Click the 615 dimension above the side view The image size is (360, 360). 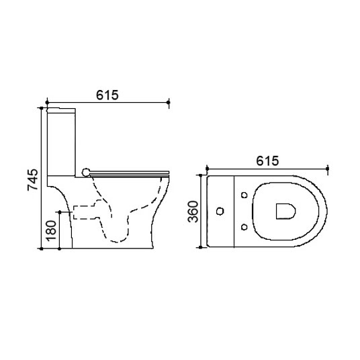[x=107, y=95]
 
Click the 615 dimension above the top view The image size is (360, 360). [x=267, y=161]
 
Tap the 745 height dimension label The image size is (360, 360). [x=33, y=180]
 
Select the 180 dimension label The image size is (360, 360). [x=51, y=231]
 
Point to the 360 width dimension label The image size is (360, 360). [x=193, y=212]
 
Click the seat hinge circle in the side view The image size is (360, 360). [x=86, y=172]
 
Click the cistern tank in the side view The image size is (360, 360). [x=61, y=142]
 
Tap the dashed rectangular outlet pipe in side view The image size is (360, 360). [x=85, y=212]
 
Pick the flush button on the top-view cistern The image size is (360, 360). [x=220, y=211]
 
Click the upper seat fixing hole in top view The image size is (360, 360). [x=244, y=195]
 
